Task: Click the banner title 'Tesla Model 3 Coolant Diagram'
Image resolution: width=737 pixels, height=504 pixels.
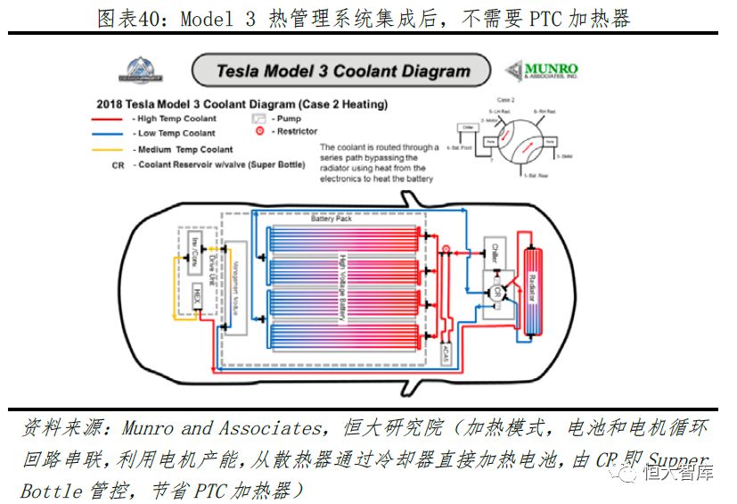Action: point(343,71)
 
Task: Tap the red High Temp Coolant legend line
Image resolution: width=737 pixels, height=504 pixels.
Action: point(111,119)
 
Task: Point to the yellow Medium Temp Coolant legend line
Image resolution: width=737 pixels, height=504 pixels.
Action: point(111,150)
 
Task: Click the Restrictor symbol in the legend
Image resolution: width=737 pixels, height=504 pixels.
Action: point(259,131)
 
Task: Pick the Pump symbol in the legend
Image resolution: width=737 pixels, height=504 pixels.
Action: point(258,118)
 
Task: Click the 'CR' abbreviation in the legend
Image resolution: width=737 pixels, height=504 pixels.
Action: point(118,165)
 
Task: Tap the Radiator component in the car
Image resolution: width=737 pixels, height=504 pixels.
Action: point(535,290)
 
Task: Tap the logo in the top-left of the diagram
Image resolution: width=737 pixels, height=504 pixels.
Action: point(143,69)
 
